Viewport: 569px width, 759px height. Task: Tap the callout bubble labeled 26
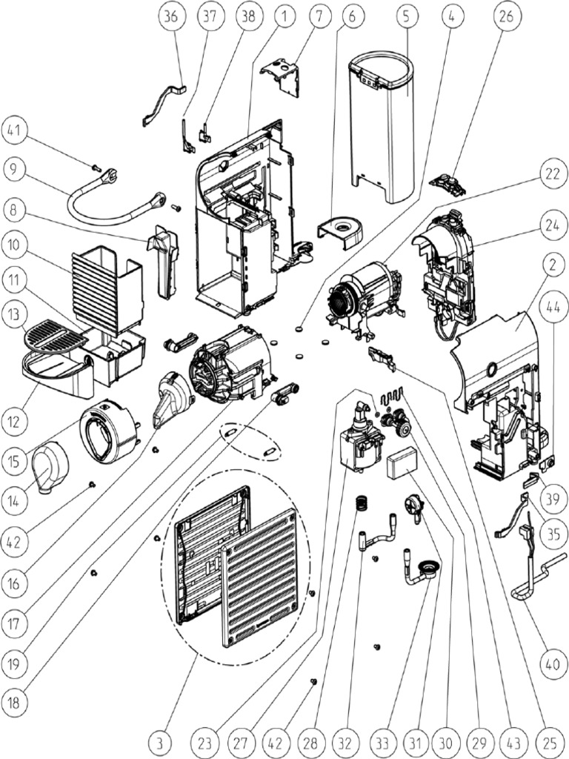coord(508,19)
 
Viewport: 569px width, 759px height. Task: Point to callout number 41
coord(19,132)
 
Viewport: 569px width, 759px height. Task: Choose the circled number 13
coord(19,315)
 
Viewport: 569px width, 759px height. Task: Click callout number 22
coord(550,173)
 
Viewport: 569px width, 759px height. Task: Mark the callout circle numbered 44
coord(550,302)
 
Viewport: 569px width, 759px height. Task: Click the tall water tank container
coord(383,126)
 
